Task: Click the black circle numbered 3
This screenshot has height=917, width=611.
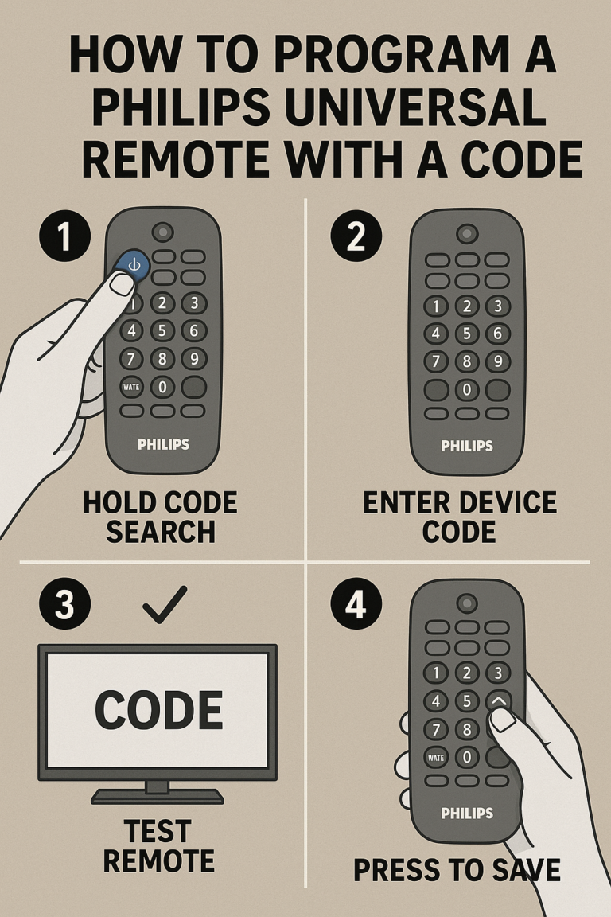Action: [64, 604]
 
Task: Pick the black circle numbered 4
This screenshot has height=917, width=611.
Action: [356, 604]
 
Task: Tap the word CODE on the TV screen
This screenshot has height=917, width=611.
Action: [158, 711]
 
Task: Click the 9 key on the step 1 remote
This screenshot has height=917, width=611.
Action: [193, 359]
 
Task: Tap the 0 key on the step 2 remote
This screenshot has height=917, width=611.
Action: [467, 390]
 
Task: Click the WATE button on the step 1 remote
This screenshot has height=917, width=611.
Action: [131, 388]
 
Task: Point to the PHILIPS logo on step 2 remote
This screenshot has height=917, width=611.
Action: [467, 446]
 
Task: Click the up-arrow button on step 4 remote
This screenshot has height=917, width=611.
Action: [498, 700]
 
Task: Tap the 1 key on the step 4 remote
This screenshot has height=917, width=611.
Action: [436, 673]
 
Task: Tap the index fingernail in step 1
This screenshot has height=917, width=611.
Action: [122, 283]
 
